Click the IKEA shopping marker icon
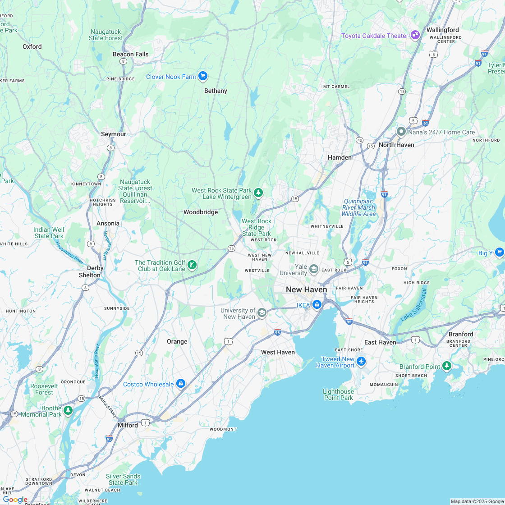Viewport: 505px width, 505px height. [x=317, y=305]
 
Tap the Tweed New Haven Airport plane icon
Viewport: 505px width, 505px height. [x=361, y=361]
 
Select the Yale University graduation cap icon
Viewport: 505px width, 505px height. [x=314, y=270]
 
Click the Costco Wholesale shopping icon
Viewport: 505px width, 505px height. [x=181, y=384]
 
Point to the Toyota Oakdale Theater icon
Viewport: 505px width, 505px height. [x=415, y=35]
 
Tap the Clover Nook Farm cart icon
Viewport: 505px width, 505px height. [x=203, y=76]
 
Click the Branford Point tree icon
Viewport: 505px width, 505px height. [x=447, y=366]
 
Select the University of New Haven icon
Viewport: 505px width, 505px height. [x=262, y=313]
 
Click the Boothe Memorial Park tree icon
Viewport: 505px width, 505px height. [x=68, y=410]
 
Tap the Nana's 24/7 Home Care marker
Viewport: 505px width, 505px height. [x=401, y=132]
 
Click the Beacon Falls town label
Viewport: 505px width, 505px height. [x=130, y=54]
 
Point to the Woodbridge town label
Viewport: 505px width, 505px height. [x=200, y=212]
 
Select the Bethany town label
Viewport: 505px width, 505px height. [x=216, y=91]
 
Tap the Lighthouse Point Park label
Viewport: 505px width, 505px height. [x=338, y=395]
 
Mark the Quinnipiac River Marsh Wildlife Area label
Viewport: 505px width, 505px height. [x=359, y=207]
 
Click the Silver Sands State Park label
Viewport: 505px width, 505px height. [x=123, y=479]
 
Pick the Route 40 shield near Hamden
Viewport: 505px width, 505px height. [x=359, y=140]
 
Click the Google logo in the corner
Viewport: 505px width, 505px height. [x=15, y=499]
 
